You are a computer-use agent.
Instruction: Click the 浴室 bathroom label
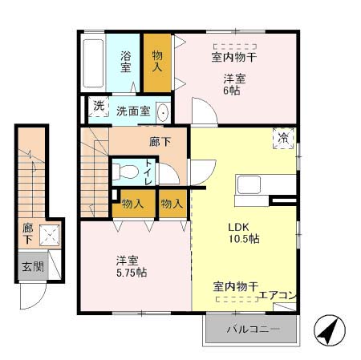tap(126, 63)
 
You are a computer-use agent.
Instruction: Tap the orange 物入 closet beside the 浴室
tap(158, 62)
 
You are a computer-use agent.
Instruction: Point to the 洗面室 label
tap(132, 111)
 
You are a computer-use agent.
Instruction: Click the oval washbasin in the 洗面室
tap(163, 111)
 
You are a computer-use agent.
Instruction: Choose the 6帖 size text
tap(232, 90)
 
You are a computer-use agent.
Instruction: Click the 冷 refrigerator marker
tap(283, 137)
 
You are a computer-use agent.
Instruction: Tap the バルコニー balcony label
tap(252, 330)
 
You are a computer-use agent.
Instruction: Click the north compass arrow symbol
tap(329, 329)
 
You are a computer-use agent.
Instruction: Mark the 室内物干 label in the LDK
tap(235, 286)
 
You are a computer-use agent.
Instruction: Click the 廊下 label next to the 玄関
tap(28, 233)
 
